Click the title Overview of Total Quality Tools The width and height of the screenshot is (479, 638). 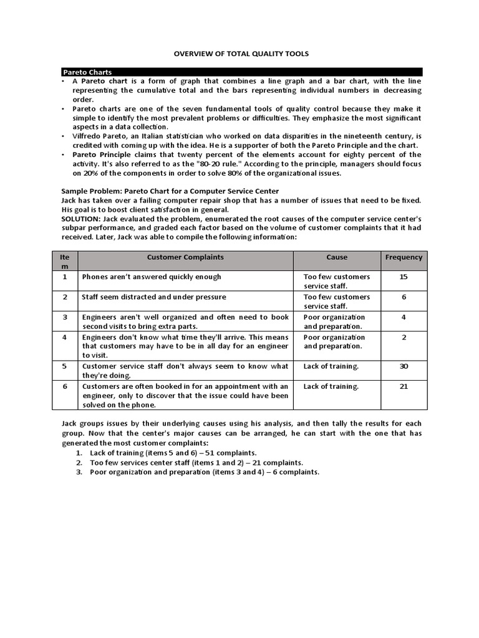coord(240,54)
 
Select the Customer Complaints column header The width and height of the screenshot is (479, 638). coord(185,257)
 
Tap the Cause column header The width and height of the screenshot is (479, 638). coord(337,257)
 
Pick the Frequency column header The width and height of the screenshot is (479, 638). coord(404,257)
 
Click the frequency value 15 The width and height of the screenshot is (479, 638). coord(404,277)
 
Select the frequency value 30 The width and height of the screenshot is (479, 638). coord(404,366)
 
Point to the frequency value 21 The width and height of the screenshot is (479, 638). coord(404,386)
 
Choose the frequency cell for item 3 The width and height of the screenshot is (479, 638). coord(404,317)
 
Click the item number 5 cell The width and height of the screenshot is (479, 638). coord(65,366)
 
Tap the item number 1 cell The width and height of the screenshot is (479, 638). coord(65,277)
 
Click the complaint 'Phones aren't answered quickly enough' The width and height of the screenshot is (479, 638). coord(152,277)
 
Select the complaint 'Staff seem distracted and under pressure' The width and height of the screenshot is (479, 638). coord(154,297)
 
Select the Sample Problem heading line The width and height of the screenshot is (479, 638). coord(170,191)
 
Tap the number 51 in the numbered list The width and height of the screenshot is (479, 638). coord(201,453)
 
